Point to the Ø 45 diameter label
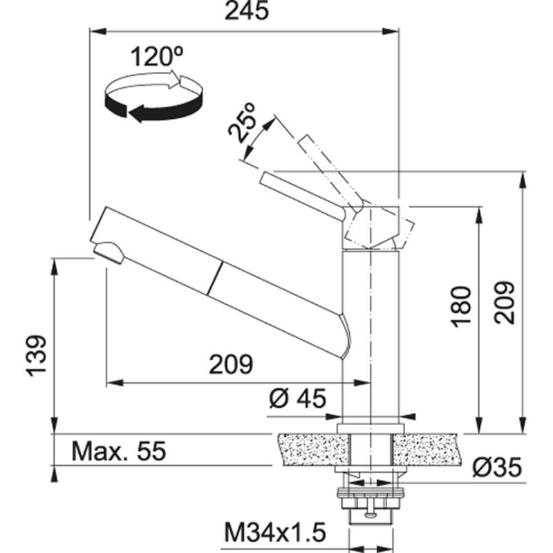coord(298,400)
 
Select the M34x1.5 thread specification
coord(274,533)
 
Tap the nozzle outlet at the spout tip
coord(107,252)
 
